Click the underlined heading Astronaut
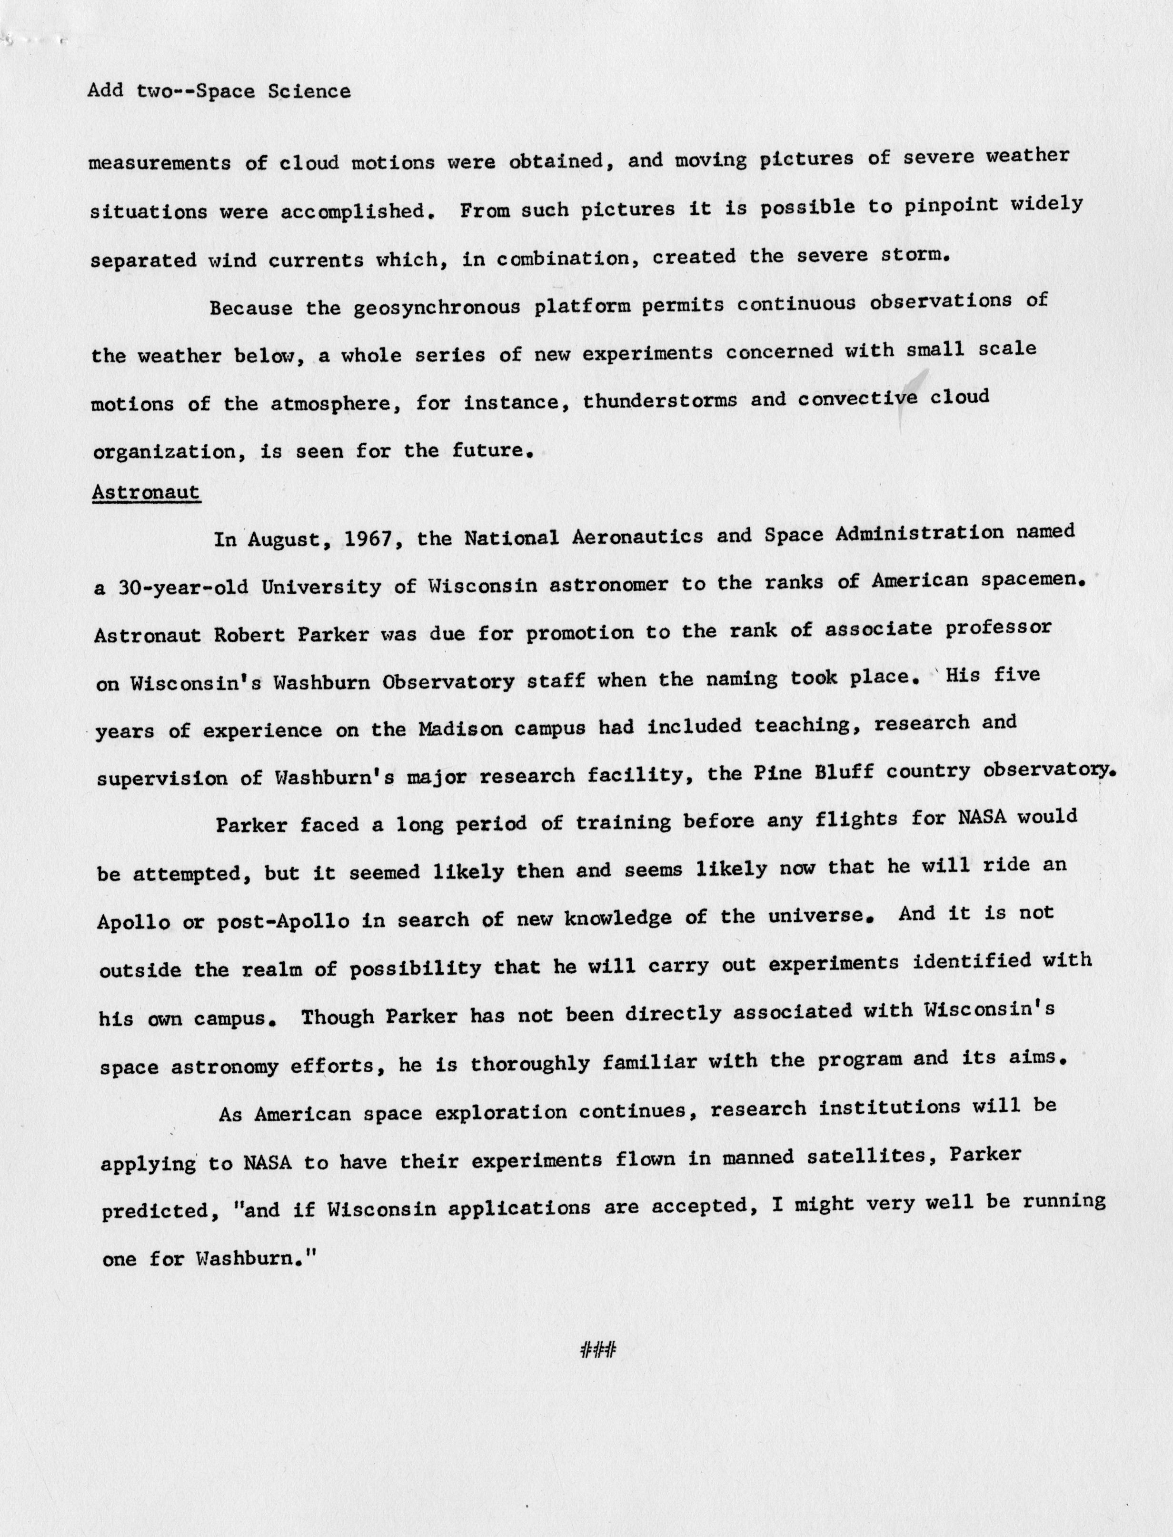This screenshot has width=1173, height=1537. click(x=146, y=493)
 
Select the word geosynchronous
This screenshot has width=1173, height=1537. click(x=437, y=307)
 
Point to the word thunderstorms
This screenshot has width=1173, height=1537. click(x=659, y=401)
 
